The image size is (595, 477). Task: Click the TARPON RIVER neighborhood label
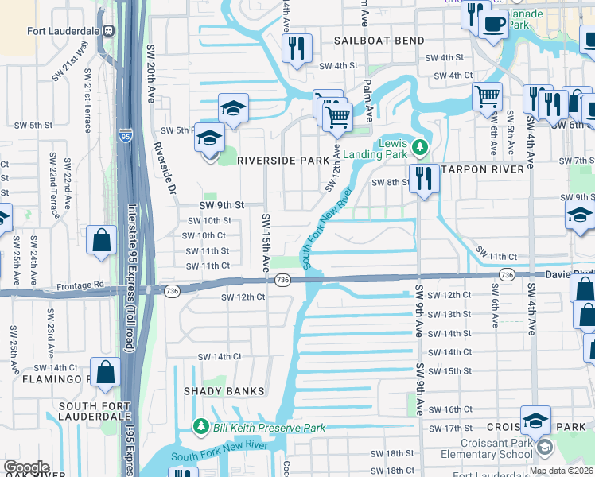point(484,169)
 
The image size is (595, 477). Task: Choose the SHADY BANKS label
point(217,391)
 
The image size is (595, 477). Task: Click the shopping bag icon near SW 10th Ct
point(103,240)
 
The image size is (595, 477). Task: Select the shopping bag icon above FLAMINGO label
point(105,371)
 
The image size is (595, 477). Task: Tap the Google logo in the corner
point(25,467)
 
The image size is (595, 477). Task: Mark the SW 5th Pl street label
point(177,130)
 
